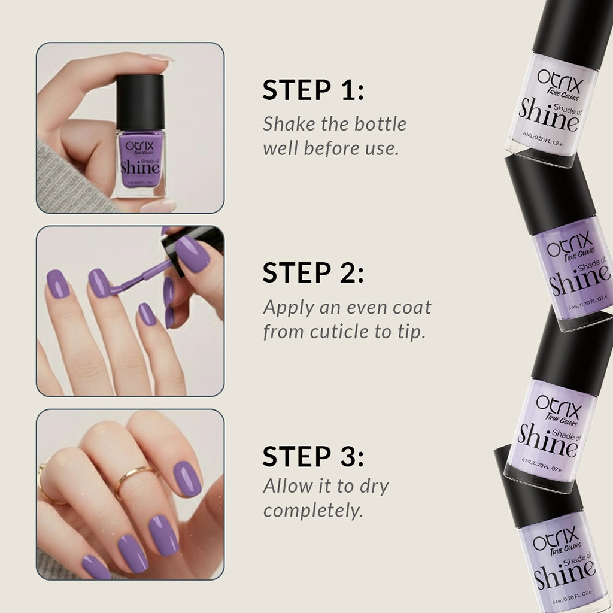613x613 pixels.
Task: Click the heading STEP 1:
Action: coord(313,90)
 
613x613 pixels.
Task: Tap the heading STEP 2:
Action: coord(313,273)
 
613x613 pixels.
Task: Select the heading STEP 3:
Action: coord(313,457)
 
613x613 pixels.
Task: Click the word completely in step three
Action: coord(313,511)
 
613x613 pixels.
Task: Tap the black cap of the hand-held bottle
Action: coord(140,102)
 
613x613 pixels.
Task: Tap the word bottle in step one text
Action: coord(380,124)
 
